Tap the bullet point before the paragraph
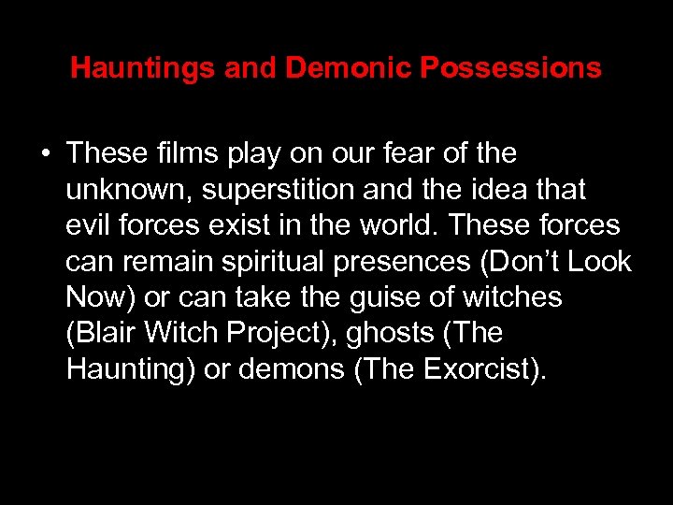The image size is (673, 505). (x=45, y=153)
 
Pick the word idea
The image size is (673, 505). (x=505, y=189)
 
